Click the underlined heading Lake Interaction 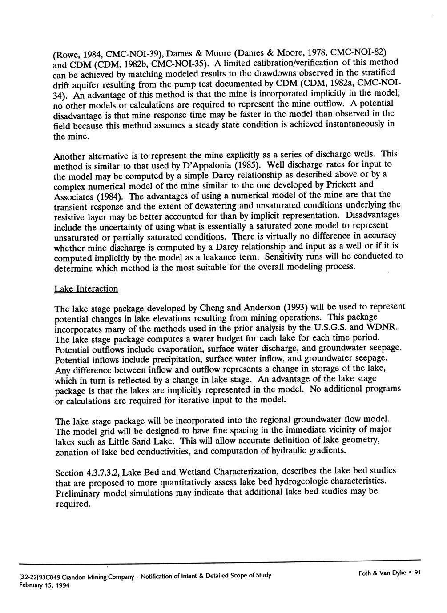86,289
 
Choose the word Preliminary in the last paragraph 78,494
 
